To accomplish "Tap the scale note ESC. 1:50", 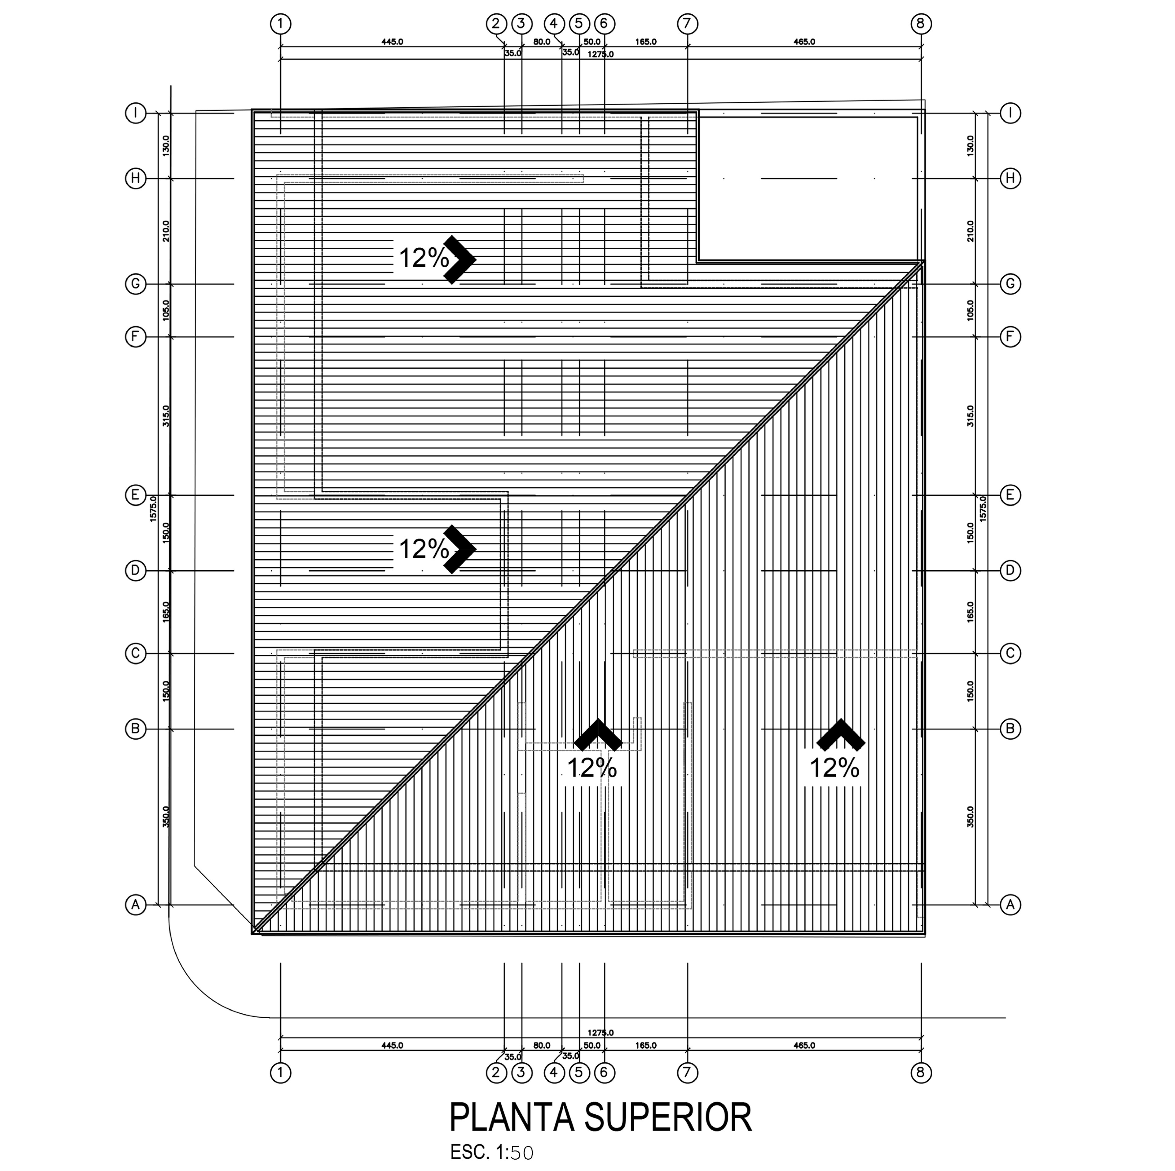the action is pyautogui.click(x=491, y=1152).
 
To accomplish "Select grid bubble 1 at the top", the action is pyautogui.click(x=280, y=24).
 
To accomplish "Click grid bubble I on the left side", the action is pyautogui.click(x=136, y=113).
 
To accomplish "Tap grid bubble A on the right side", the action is pyautogui.click(x=1010, y=905).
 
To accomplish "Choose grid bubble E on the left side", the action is pyautogui.click(x=136, y=495).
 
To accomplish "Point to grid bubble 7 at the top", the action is pyautogui.click(x=687, y=24).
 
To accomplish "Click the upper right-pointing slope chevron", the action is pyautogui.click(x=460, y=259).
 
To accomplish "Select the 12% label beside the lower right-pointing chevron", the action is pyautogui.click(x=423, y=549).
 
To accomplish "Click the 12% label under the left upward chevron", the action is pyautogui.click(x=592, y=768).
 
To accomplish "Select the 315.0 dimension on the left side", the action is pyautogui.click(x=166, y=416).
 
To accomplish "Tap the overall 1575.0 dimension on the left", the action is pyautogui.click(x=153, y=508).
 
